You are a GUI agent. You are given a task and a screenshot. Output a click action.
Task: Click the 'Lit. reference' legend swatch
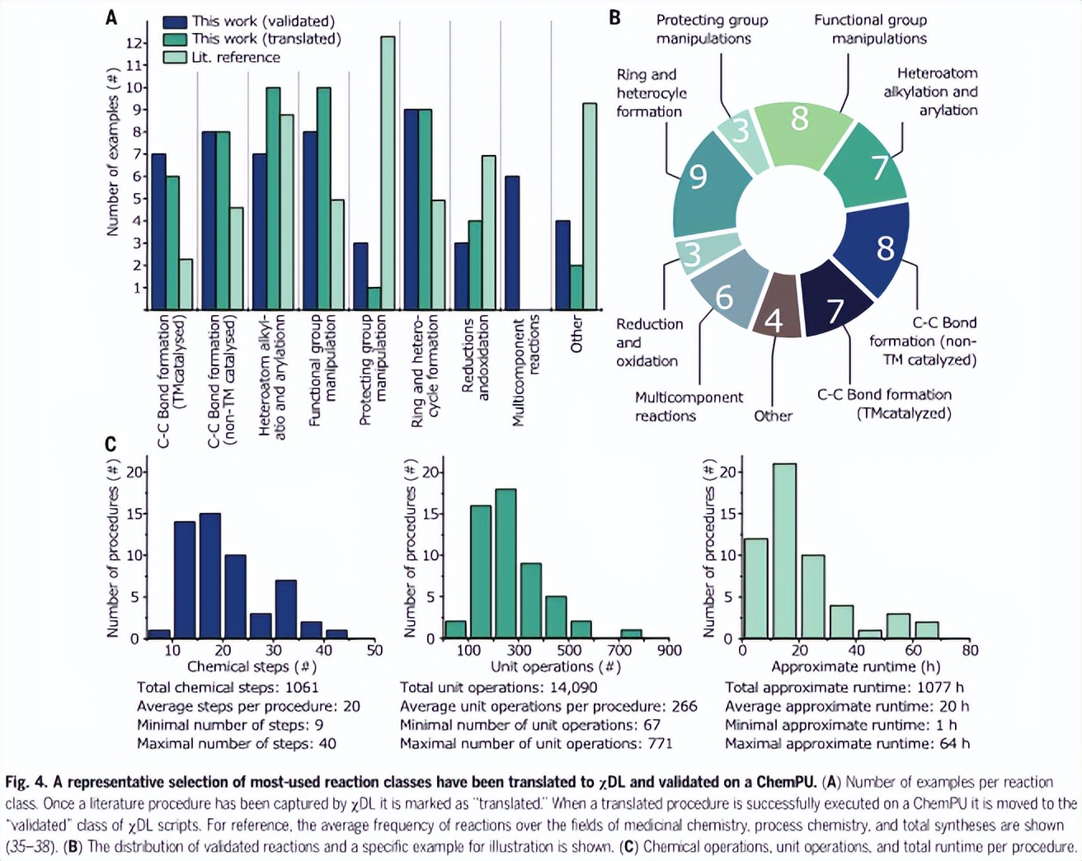[x=175, y=57]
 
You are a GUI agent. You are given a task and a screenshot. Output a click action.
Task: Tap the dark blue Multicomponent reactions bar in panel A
[x=512, y=243]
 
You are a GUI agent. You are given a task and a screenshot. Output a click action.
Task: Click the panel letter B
[x=614, y=17]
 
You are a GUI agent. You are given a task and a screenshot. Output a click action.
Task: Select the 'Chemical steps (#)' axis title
[x=252, y=667]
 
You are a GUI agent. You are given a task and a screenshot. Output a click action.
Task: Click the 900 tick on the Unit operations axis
[x=670, y=651]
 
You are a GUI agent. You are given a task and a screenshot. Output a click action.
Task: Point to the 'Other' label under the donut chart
[x=773, y=416]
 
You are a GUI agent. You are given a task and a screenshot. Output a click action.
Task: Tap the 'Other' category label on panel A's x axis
[x=576, y=334]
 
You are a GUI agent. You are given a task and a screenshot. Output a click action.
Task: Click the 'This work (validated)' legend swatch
[x=175, y=21]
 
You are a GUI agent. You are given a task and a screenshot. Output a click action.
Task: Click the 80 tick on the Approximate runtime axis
[x=970, y=651]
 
